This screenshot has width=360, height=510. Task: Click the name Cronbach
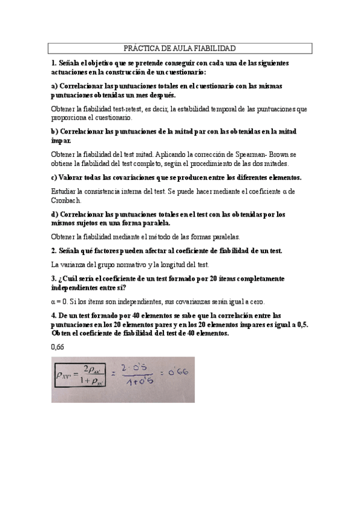(67, 200)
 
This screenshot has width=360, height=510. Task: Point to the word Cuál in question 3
(69, 279)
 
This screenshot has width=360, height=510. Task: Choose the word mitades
(276, 164)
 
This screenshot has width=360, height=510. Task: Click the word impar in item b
(61, 141)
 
